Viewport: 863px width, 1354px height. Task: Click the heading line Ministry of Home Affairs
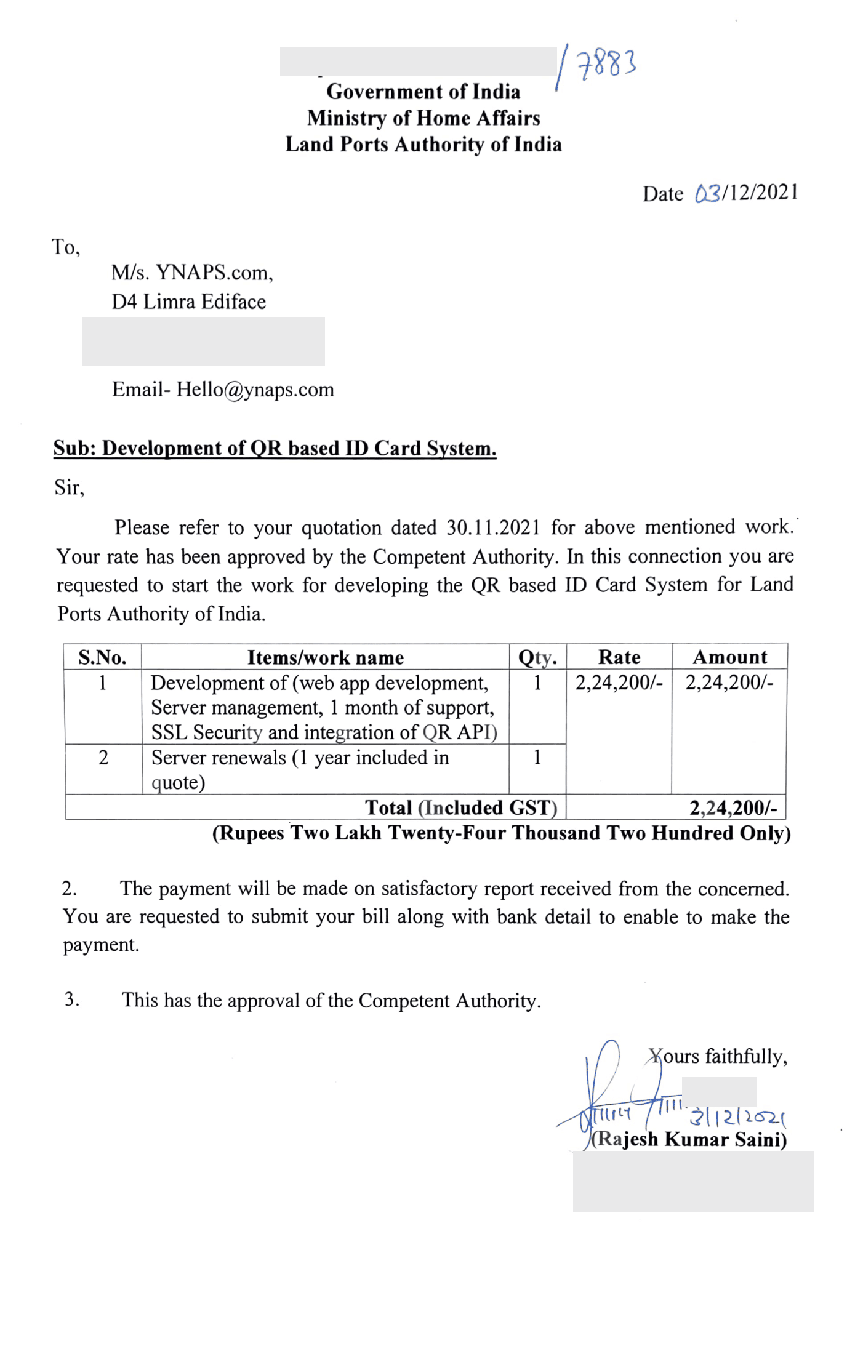pos(423,118)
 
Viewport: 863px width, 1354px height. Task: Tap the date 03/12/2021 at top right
pos(746,193)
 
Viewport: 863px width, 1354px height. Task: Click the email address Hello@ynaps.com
pos(255,390)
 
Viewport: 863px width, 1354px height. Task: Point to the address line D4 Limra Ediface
pos(188,302)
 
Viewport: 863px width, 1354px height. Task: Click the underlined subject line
pos(275,448)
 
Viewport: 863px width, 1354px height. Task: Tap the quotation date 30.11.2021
pos(493,527)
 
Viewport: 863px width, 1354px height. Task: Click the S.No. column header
pos(102,657)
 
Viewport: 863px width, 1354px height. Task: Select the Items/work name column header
pos(326,657)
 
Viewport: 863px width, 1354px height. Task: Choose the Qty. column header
pos(537,657)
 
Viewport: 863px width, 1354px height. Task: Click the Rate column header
pos(619,657)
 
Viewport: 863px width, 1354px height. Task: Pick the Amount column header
pos(730,657)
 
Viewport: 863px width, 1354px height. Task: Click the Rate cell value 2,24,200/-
pos(619,683)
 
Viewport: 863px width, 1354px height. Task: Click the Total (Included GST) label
pos(461,807)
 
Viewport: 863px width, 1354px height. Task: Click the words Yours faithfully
pos(718,1056)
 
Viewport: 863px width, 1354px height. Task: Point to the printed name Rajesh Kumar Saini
pos(689,1139)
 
